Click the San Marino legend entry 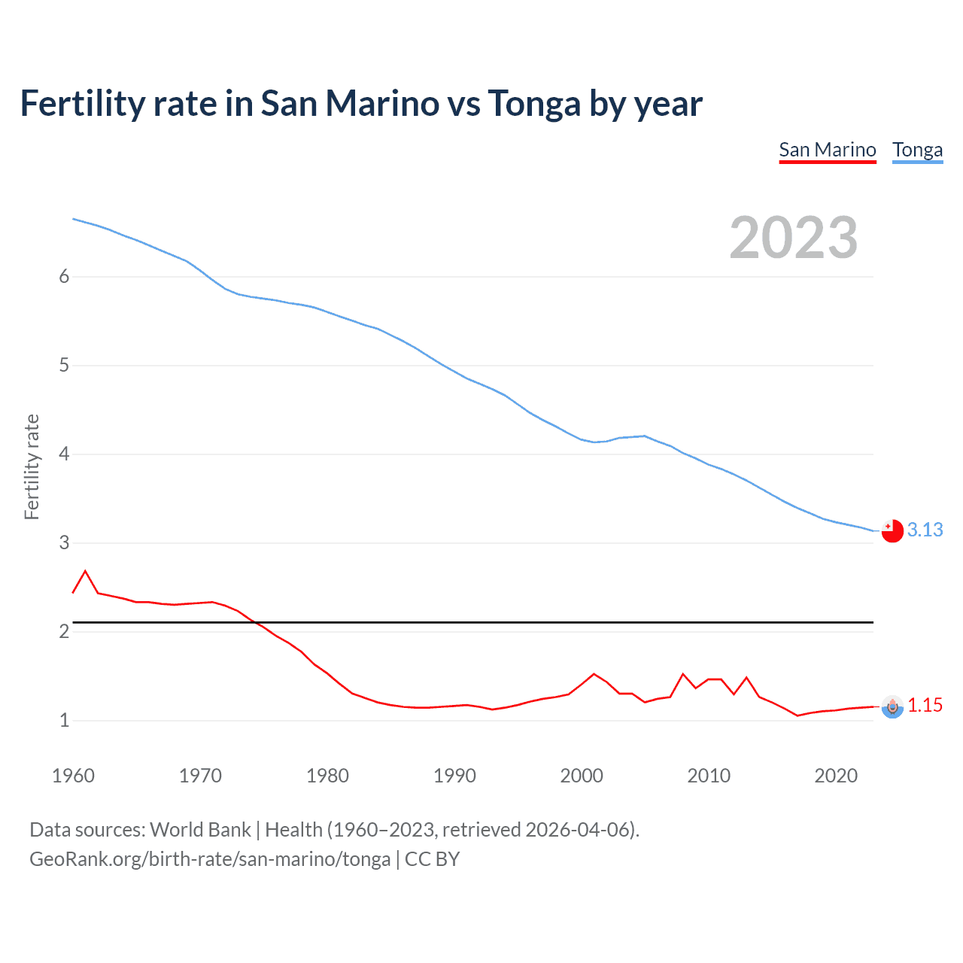tap(827, 150)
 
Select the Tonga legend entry tap(917, 150)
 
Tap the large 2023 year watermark tap(793, 238)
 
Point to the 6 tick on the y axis tap(64, 277)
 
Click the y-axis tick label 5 tap(64, 366)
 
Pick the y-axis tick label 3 tap(64, 543)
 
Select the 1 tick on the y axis tap(64, 721)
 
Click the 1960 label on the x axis tap(73, 776)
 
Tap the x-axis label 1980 tap(327, 776)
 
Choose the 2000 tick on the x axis tap(582, 776)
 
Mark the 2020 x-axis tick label tap(836, 776)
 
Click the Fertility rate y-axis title tap(32, 466)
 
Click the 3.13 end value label tap(925, 530)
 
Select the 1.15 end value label tap(925, 705)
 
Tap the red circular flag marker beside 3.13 tap(892, 530)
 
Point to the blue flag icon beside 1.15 tap(892, 706)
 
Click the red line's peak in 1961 tap(85, 571)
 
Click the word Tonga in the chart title tap(534, 103)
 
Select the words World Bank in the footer tap(200, 830)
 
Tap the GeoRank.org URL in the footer tap(210, 859)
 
